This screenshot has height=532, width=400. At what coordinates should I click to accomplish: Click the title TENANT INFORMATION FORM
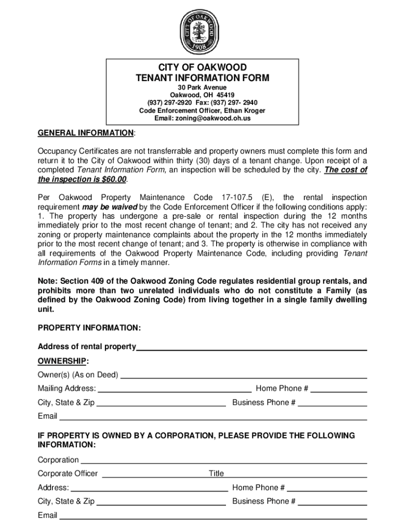click(x=203, y=78)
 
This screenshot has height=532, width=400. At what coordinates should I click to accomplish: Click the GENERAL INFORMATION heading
click(x=86, y=133)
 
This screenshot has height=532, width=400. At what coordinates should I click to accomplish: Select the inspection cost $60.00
click(x=113, y=180)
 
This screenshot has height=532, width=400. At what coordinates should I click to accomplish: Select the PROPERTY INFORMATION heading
click(x=89, y=328)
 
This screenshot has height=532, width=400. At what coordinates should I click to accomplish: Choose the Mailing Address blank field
click(x=175, y=390)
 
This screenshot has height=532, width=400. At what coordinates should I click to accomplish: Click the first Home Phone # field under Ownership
click(x=339, y=390)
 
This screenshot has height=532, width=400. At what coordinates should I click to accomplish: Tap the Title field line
click(x=296, y=475)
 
